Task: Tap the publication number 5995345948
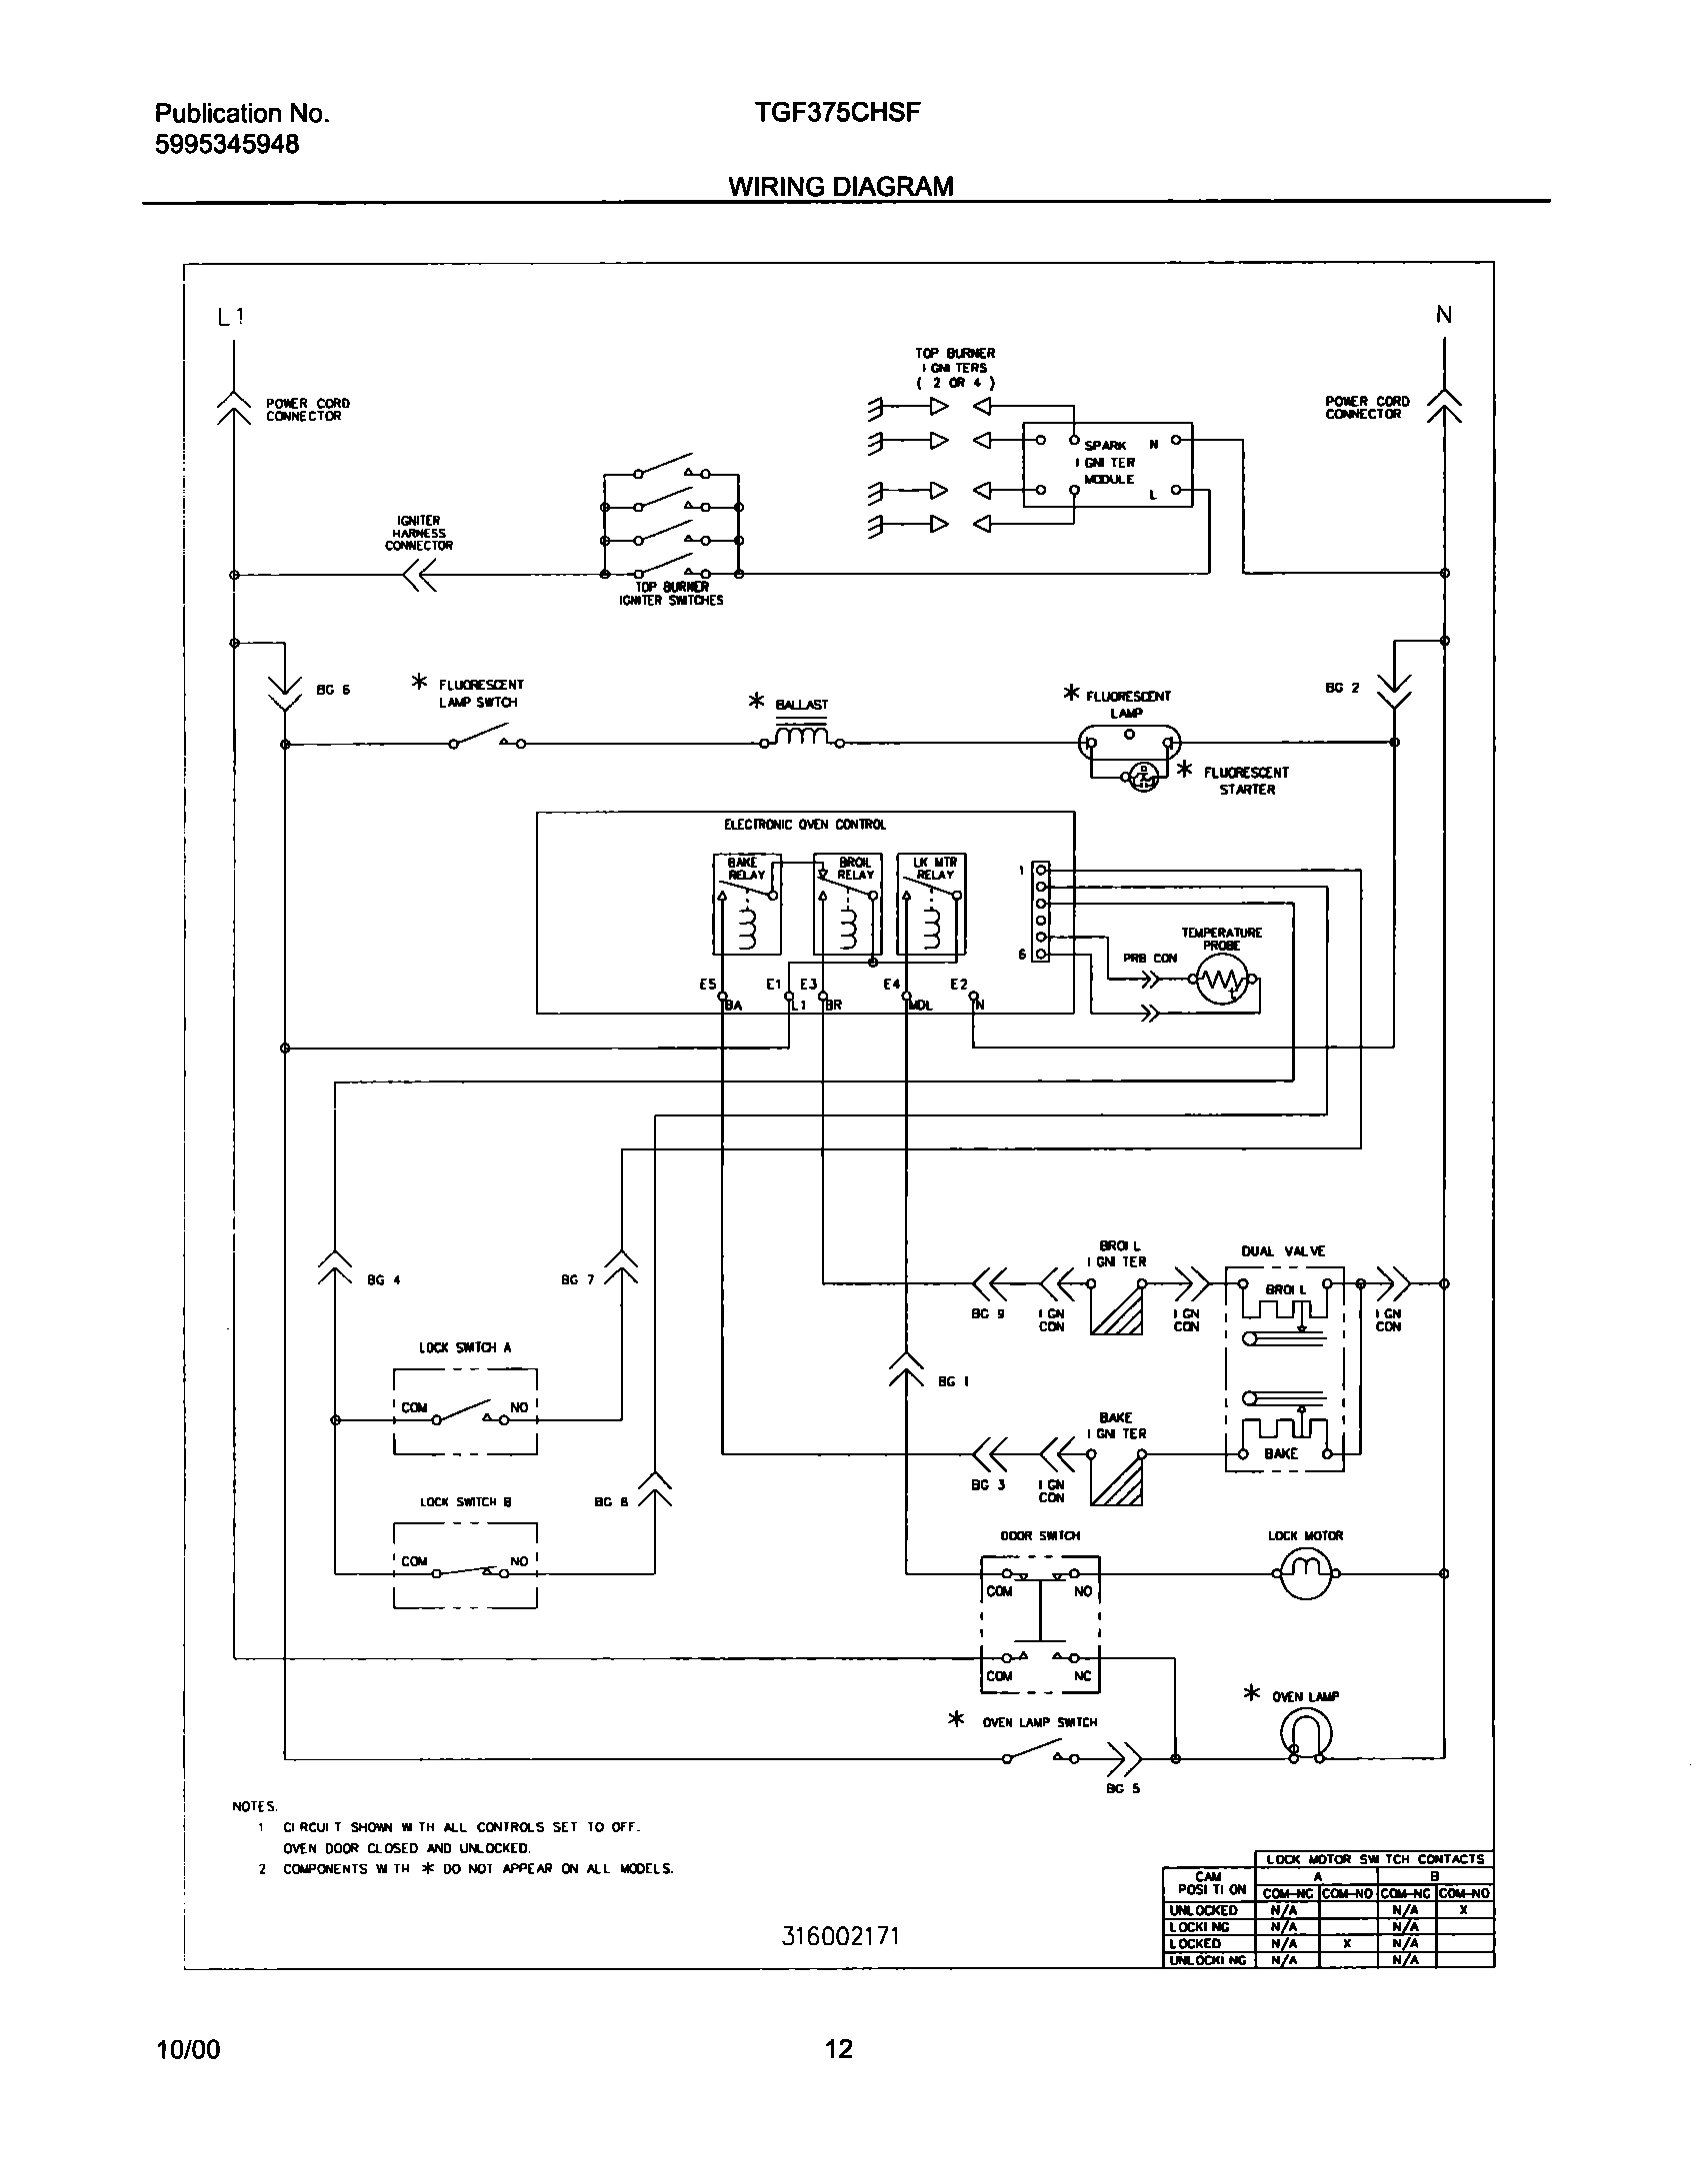[227, 144]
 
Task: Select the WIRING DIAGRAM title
[840, 187]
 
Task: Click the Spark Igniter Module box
[1107, 464]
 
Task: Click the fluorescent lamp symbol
[1129, 743]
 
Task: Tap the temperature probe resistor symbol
[1221, 983]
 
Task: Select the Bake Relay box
[747, 904]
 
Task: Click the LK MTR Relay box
[931, 904]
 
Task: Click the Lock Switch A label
[465, 1347]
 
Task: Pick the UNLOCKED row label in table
[1203, 1910]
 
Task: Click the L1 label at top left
[230, 317]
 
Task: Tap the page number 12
[839, 2050]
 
